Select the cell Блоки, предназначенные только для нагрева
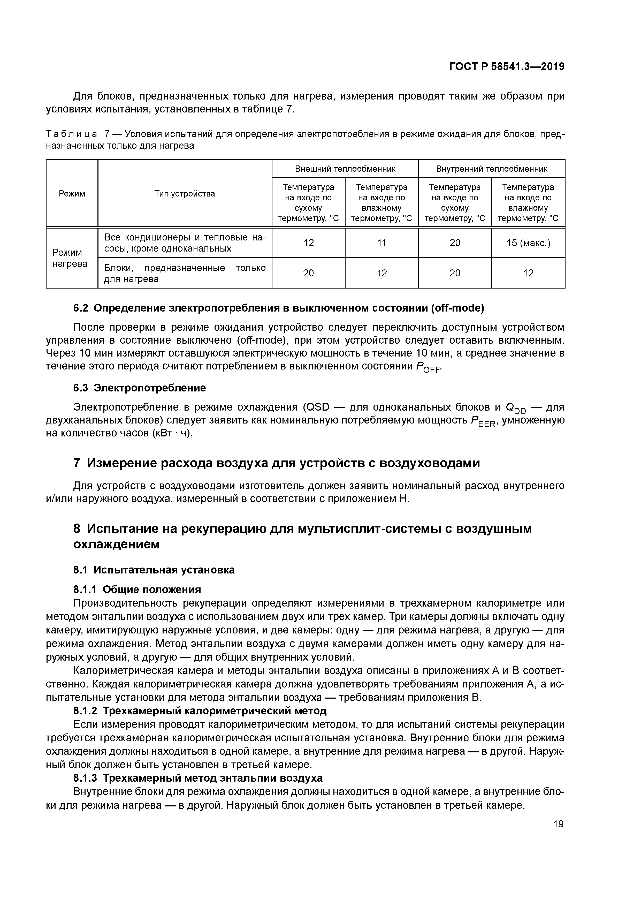(x=185, y=273)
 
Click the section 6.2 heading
(x=278, y=308)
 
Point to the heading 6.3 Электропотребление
(x=139, y=388)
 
